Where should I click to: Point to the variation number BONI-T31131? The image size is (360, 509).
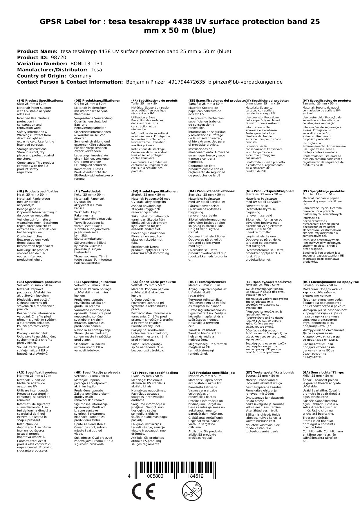pyautogui.click(x=86, y=64)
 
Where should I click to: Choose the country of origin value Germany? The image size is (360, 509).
pyautogui.click(x=80, y=76)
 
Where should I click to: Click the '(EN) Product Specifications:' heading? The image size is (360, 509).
pyautogui.click(x=40, y=100)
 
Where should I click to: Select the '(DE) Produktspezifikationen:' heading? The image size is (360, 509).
pyautogui.click(x=98, y=100)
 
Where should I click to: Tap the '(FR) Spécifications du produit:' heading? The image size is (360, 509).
pyautogui.click(x=155, y=100)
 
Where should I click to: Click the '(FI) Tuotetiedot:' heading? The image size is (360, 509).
pyautogui.click(x=88, y=191)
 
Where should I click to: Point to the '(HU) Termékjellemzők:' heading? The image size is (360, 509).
pyautogui.click(x=207, y=282)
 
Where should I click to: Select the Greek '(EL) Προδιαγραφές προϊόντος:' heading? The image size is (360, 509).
pyautogui.click(x=269, y=282)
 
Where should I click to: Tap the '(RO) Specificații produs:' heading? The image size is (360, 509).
pyautogui.click(x=37, y=372)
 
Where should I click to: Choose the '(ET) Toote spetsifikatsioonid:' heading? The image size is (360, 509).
pyautogui.click(x=269, y=372)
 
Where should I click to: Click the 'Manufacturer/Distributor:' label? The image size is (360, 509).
pyautogui.click(x=52, y=70)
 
